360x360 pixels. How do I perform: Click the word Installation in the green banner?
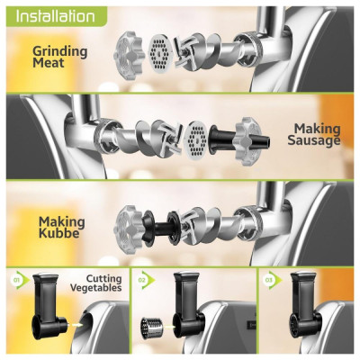55,16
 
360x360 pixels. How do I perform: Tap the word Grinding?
60,51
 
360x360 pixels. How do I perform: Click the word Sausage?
314,140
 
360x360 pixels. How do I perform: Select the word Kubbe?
59,233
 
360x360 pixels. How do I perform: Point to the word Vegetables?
96,288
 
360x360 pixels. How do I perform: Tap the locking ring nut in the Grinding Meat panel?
130,55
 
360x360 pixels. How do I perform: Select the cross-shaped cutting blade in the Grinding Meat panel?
183,53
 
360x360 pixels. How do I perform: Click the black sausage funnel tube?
238,139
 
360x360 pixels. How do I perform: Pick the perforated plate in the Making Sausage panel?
196,139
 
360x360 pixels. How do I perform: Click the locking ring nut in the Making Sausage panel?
248,141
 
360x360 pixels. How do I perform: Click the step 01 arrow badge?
20,281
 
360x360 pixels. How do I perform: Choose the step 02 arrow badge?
146,281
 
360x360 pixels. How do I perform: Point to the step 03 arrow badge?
273,281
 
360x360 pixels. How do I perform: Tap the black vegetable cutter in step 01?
48,306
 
